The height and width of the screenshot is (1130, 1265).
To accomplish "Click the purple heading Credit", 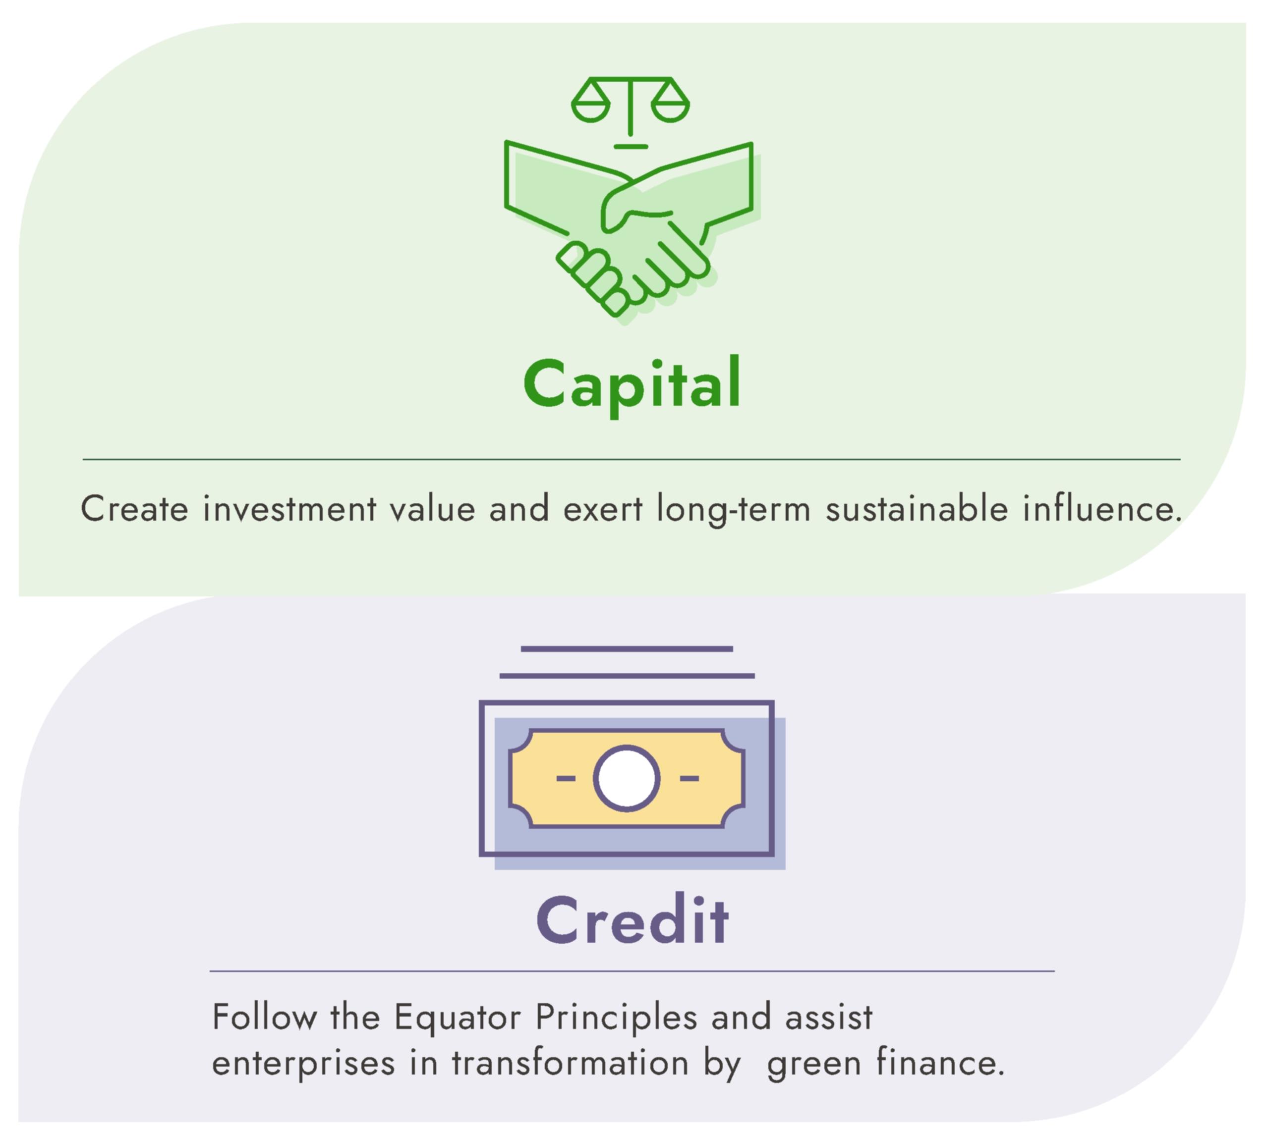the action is coord(632,921).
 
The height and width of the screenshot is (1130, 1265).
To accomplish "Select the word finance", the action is coord(941,1063).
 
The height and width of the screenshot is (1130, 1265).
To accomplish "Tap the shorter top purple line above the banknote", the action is coord(626,649).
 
